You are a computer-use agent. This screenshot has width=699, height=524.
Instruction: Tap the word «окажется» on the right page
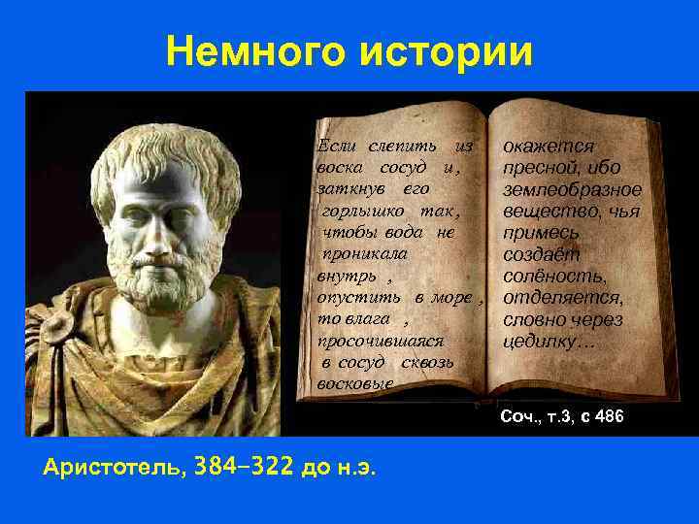pos(549,147)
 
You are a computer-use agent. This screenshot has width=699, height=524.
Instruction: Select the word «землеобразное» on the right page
pos(572,189)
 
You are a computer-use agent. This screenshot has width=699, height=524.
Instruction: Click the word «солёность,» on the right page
pos(554,277)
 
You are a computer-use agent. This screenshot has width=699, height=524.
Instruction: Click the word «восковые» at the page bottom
pos(355,383)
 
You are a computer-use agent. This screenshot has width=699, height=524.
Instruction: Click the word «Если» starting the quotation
pos(337,146)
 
